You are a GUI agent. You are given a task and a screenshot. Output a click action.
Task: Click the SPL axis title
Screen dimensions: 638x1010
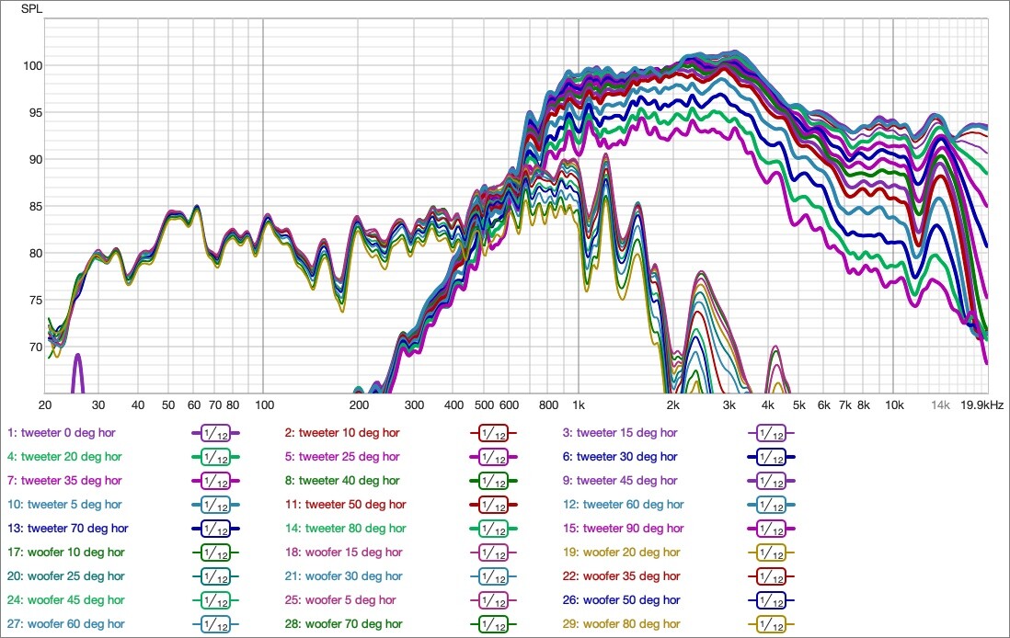31,10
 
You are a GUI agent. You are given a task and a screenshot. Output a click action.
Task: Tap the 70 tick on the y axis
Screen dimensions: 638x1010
30,347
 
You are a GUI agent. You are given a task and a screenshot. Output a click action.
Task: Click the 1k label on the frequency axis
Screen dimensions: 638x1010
579,404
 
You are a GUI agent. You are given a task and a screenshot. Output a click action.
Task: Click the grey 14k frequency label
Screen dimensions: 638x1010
939,404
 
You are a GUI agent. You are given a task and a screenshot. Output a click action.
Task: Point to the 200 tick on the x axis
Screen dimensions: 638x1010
359,404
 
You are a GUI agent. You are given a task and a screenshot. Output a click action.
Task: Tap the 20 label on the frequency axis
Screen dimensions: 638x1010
44,404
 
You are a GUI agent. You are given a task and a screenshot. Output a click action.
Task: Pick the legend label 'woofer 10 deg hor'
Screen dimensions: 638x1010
63,552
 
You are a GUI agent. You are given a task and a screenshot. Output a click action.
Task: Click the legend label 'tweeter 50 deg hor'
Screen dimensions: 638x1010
346,504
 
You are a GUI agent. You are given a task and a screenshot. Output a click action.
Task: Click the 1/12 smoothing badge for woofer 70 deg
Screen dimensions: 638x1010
493,623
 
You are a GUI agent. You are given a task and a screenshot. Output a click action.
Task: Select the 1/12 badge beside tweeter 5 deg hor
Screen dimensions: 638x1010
215,504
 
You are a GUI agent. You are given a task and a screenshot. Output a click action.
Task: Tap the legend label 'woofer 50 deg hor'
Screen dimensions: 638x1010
623,599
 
